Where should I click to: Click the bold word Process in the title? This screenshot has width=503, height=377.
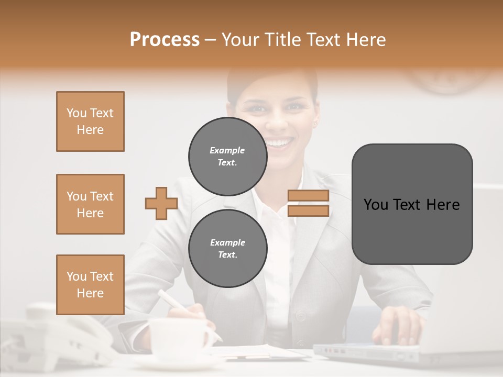(165, 40)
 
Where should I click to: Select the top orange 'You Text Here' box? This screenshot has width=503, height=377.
(90, 121)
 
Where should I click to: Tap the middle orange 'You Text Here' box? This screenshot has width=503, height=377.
(90, 204)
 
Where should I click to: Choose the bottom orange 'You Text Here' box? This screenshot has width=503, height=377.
(90, 285)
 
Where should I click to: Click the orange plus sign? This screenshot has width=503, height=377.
(161, 204)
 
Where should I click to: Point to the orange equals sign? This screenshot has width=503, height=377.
(308, 204)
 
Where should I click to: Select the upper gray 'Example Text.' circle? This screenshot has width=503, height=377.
(227, 157)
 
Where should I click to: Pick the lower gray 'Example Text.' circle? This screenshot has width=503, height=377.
(227, 249)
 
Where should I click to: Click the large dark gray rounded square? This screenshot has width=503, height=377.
(412, 204)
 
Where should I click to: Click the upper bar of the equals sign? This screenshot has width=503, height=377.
(308, 196)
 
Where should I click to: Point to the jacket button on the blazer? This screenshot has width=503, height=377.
(300, 317)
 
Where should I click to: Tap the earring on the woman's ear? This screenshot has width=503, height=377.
(316, 124)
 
